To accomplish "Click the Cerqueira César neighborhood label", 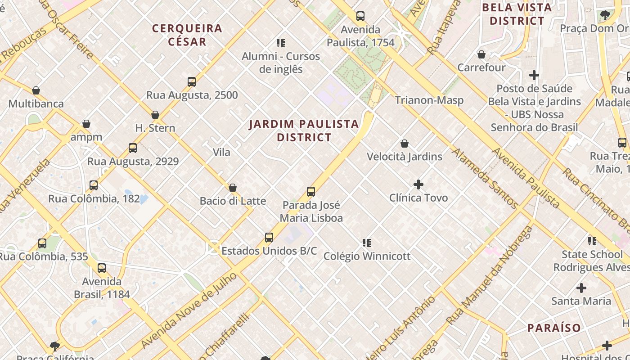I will [187, 35].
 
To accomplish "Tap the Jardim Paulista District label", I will [304, 130].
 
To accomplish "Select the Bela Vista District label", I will [517, 14].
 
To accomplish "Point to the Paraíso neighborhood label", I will [554, 328].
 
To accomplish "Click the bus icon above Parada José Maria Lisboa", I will [310, 192].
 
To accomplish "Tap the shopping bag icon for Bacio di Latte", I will [233, 188].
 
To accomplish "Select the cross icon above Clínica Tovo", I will [418, 184].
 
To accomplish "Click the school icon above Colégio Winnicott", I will [367, 243].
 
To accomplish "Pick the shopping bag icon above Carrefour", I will [481, 54].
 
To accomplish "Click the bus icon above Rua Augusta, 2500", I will [192, 82].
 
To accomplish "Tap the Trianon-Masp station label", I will [429, 100].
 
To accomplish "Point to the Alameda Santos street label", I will [485, 179].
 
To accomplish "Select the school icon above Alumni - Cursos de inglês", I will [281, 43].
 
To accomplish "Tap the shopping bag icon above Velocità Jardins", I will [405, 144].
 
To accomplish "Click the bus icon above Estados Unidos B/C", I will [269, 238].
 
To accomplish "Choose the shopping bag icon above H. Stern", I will [155, 115].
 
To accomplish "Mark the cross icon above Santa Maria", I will [581, 288].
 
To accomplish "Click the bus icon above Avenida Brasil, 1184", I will [102, 268].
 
